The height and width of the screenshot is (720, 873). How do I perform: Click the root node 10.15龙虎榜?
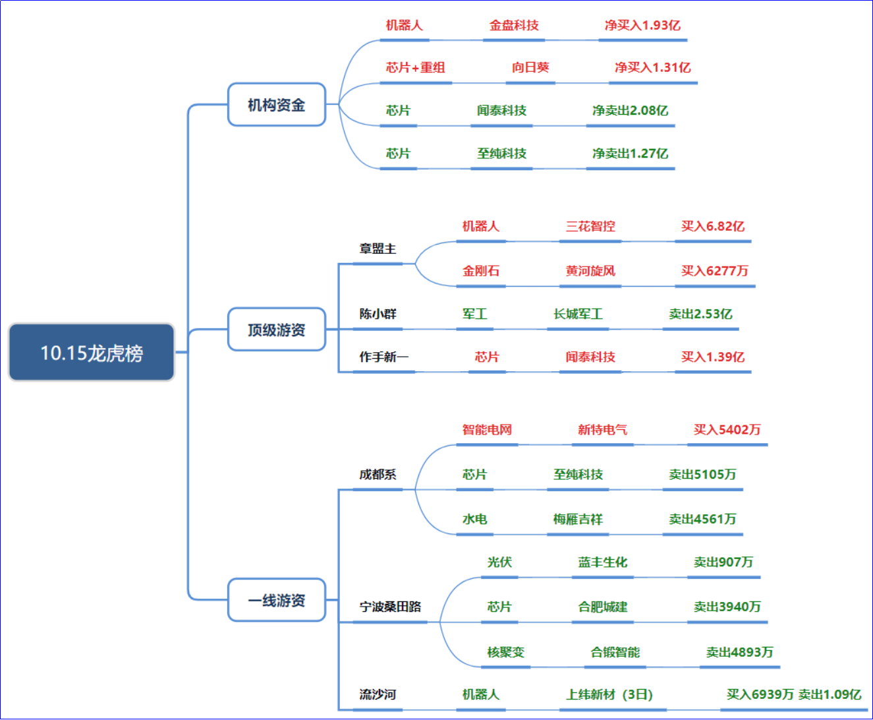pyautogui.click(x=92, y=353)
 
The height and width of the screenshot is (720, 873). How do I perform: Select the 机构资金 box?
pyautogui.click(x=277, y=105)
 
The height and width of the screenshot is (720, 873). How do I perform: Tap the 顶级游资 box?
pyautogui.click(x=277, y=330)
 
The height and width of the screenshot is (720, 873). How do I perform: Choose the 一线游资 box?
pyautogui.click(x=277, y=601)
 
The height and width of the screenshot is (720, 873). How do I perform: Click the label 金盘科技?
pyautogui.click(x=514, y=26)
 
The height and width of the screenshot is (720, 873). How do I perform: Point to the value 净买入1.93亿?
pyautogui.click(x=642, y=26)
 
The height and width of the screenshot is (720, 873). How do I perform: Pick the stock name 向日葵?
pyautogui.click(x=530, y=68)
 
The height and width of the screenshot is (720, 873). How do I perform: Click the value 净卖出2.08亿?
pyautogui.click(x=630, y=111)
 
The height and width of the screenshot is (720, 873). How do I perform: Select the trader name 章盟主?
pyautogui.click(x=378, y=249)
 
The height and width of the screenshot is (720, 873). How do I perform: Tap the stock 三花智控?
pyautogui.click(x=590, y=227)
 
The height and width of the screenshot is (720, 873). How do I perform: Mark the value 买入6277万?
pyautogui.click(x=714, y=271)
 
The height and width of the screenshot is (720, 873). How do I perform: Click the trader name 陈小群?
pyautogui.click(x=378, y=315)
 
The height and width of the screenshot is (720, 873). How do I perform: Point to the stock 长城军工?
pyautogui.click(x=578, y=315)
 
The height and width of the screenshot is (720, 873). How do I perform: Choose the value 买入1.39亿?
pyautogui.click(x=712, y=357)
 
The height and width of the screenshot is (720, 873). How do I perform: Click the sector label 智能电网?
pyautogui.click(x=487, y=430)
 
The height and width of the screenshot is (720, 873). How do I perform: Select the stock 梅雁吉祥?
pyautogui.click(x=578, y=520)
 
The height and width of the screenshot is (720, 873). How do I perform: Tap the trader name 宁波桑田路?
pyautogui.click(x=390, y=607)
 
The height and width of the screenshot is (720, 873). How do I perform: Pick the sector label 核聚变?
pyautogui.click(x=505, y=652)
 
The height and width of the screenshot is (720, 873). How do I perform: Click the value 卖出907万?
pyautogui.click(x=723, y=562)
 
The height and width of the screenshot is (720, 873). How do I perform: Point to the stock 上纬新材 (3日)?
pyautogui.click(x=609, y=695)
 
